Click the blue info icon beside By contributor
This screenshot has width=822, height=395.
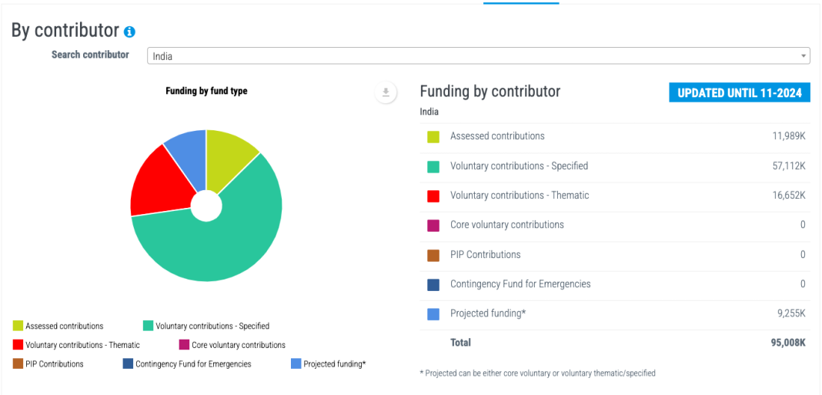point(129,32)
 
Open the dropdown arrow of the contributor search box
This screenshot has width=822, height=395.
point(803,55)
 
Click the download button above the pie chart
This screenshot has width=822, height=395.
point(386,92)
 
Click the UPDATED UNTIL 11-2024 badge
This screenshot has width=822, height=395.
point(740,93)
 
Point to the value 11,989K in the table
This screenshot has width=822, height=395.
point(788,136)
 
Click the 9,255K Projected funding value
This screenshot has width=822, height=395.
point(790,313)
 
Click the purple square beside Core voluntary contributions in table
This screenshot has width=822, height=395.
point(433,226)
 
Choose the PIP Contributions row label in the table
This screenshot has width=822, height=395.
point(486,254)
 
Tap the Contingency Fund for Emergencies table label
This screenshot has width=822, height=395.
point(520,284)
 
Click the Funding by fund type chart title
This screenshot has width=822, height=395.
point(206,91)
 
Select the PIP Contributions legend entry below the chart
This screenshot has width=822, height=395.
point(48,364)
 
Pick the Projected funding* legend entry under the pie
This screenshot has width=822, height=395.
point(328,364)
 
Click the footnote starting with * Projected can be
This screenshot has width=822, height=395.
point(538,373)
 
